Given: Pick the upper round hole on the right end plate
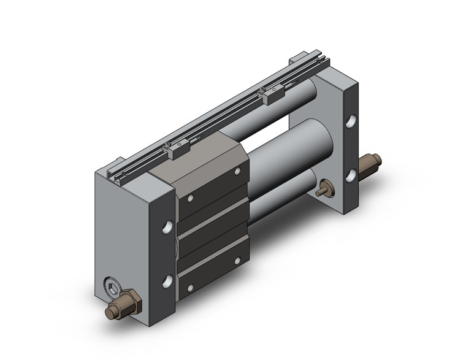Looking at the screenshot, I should click(351, 123).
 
